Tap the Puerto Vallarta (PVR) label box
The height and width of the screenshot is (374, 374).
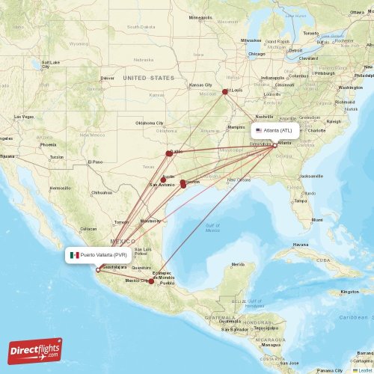pos(97,255)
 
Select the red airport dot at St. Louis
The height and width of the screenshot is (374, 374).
pos(226,92)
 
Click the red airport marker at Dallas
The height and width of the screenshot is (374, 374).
pos(169,153)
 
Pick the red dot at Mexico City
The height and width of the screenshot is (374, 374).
pos(151,281)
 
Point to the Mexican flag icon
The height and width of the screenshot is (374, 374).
pos(75,255)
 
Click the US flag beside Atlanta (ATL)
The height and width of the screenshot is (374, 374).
pos(259,129)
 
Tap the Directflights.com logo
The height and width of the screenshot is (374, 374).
pos(36,349)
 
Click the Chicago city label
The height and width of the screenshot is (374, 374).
pos(257,54)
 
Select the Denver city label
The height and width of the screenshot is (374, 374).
pos(108,78)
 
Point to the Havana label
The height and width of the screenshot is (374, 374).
pos(300,245)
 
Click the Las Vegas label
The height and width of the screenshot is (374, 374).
pos(22,117)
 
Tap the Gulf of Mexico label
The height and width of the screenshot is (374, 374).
pos(212,227)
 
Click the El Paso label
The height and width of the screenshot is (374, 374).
pos(94,162)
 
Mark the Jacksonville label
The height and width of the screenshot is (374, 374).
pos(310,176)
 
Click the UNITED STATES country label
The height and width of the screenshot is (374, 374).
pos(148,78)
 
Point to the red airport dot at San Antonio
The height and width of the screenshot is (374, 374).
pos(163,180)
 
